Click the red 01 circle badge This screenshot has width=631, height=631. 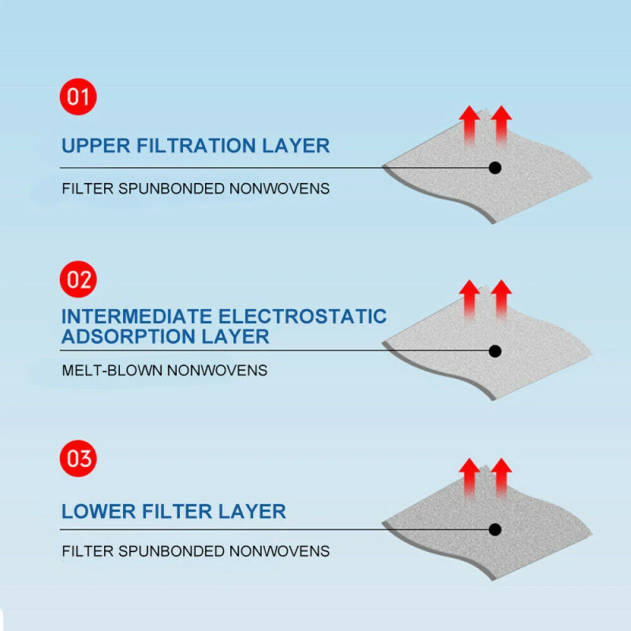point(79,98)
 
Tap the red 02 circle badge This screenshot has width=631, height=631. point(79,280)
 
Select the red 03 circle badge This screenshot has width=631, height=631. point(79,459)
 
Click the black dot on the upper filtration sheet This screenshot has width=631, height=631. point(495,168)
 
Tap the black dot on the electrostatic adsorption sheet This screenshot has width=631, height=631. point(495,350)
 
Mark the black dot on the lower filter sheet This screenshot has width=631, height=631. point(495,529)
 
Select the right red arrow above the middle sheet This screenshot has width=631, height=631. point(501,299)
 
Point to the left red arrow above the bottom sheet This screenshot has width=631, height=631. point(469,478)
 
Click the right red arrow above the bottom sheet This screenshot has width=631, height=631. point(501,478)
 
